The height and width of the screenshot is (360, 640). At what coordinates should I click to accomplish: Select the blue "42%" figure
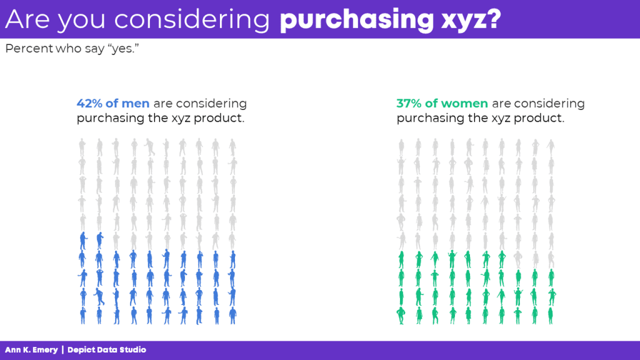click(x=89, y=103)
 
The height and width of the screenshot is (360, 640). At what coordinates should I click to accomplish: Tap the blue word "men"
click(x=136, y=104)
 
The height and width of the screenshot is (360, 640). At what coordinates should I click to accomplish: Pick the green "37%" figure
click(x=409, y=103)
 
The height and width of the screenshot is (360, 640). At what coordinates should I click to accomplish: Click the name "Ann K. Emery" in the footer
click(x=31, y=350)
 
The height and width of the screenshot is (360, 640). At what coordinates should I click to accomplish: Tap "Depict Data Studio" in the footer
click(x=106, y=350)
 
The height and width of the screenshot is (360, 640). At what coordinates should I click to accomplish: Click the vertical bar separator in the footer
click(x=62, y=350)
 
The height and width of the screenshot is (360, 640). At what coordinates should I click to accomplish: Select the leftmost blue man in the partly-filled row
click(x=83, y=241)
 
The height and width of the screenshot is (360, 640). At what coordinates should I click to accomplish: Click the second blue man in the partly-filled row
click(x=99, y=241)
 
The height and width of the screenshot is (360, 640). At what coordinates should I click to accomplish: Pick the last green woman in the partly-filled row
click(x=502, y=259)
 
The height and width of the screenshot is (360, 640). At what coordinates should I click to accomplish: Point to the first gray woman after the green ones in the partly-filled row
click(x=518, y=259)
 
